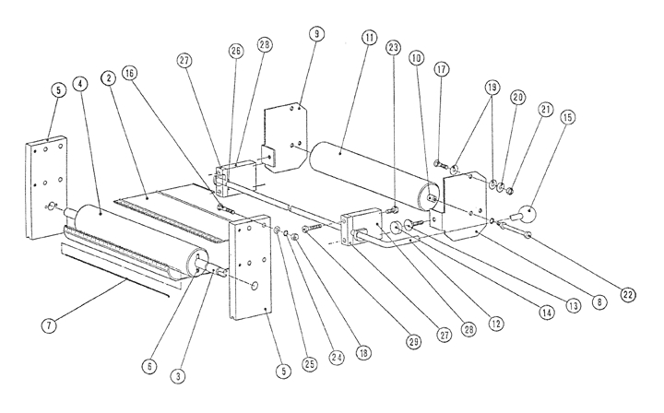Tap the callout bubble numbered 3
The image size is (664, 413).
click(180, 376)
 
